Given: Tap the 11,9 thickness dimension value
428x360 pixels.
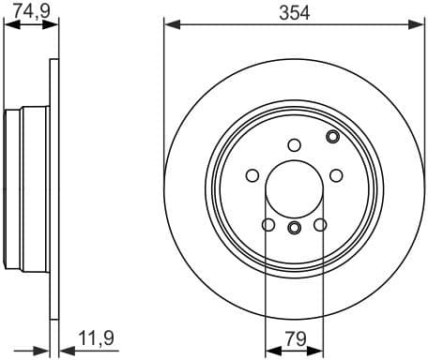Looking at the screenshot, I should point(91,335).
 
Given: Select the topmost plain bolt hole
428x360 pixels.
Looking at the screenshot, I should point(294,144).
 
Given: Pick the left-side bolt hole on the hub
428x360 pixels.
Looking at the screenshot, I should point(252,174).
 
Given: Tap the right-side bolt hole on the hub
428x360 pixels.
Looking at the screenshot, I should point(335,174).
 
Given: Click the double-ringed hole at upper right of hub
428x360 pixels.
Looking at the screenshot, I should point(332,138).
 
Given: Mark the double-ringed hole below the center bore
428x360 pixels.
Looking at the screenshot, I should point(294,228).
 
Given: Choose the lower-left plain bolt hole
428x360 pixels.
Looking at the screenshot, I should point(268,224).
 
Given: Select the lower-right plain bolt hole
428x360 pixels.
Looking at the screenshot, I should point(319,224).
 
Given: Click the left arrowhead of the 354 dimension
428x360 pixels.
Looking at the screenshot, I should point(169,25).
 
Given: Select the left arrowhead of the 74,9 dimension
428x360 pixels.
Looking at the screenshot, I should point(8,25).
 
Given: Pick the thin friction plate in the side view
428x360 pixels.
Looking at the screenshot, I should point(49,187).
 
